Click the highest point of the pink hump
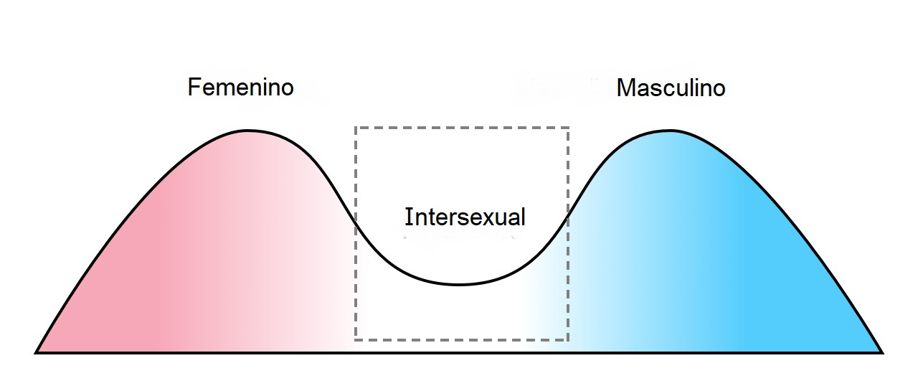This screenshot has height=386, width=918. click(x=247, y=131)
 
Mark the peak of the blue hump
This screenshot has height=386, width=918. click(x=671, y=131)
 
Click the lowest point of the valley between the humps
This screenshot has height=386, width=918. click(x=459, y=284)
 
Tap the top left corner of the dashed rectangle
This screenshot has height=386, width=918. click(x=356, y=128)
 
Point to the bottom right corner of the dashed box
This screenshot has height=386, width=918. click(x=568, y=339)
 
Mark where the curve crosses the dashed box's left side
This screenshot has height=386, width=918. click(x=356, y=224)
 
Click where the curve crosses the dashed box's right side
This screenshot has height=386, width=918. click(x=568, y=214)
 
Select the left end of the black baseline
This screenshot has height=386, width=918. click(x=35, y=352)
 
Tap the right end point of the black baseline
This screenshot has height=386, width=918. click(x=883, y=352)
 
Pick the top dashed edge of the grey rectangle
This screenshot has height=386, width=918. click(x=462, y=128)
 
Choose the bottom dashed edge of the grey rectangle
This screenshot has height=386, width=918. click(x=462, y=339)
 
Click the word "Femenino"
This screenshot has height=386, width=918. click(x=240, y=88)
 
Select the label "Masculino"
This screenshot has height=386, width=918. click(x=671, y=88)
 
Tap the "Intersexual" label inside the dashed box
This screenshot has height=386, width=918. click(x=465, y=217)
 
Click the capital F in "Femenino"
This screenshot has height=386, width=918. click(x=194, y=88)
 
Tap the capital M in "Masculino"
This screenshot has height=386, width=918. click(x=626, y=88)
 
